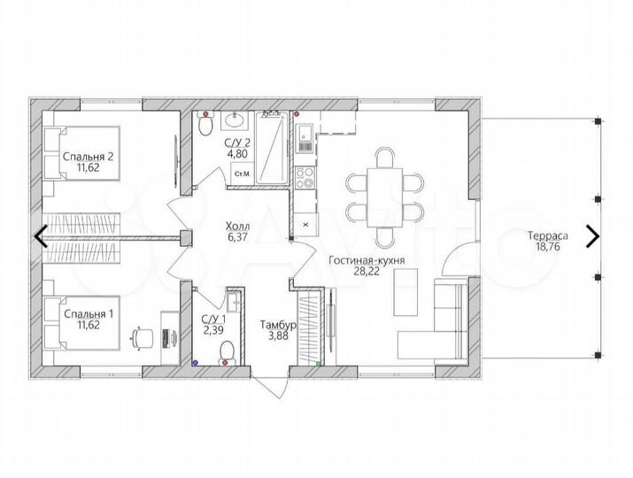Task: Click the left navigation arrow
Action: click(41, 236)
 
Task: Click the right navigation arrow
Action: click(592, 236)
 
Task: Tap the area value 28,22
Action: click(367, 271)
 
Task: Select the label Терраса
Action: click(548, 235)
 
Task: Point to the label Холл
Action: click(237, 226)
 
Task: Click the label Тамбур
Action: click(279, 325)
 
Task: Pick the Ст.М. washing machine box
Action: click(243, 174)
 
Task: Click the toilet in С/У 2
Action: click(206, 124)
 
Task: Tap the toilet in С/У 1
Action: click(227, 352)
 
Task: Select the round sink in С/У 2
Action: click(235, 120)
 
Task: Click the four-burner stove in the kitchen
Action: click(305, 178)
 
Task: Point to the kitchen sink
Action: click(305, 139)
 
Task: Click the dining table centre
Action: click(385, 197)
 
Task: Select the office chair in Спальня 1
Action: click(143, 338)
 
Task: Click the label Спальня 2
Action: click(88, 157)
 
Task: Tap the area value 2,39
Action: click(213, 330)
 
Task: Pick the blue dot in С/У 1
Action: click(195, 363)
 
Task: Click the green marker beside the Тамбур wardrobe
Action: click(319, 364)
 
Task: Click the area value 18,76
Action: click(548, 247)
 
